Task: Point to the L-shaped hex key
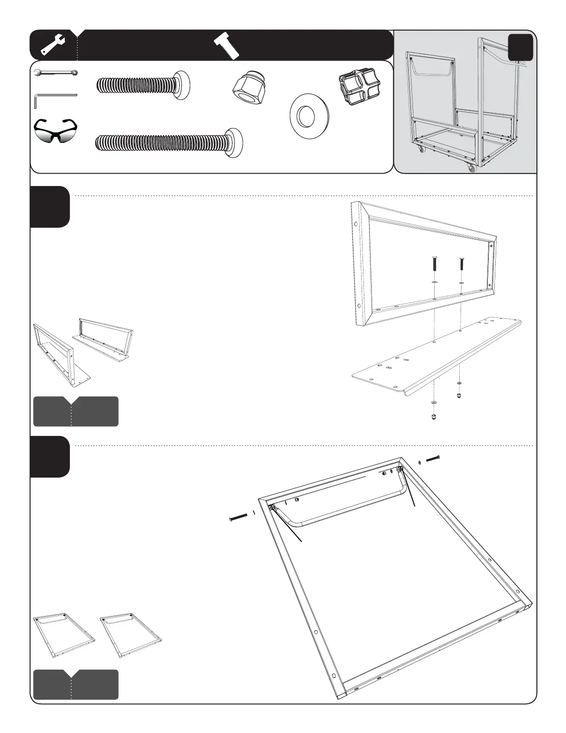(x=55, y=98)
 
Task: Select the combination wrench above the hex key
(x=56, y=73)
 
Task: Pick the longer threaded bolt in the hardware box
(x=169, y=140)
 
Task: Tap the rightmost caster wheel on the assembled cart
(x=471, y=169)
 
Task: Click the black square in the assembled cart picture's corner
(x=520, y=48)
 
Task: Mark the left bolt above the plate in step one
(x=434, y=265)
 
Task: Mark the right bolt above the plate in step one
(x=461, y=265)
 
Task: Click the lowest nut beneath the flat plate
(x=434, y=417)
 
